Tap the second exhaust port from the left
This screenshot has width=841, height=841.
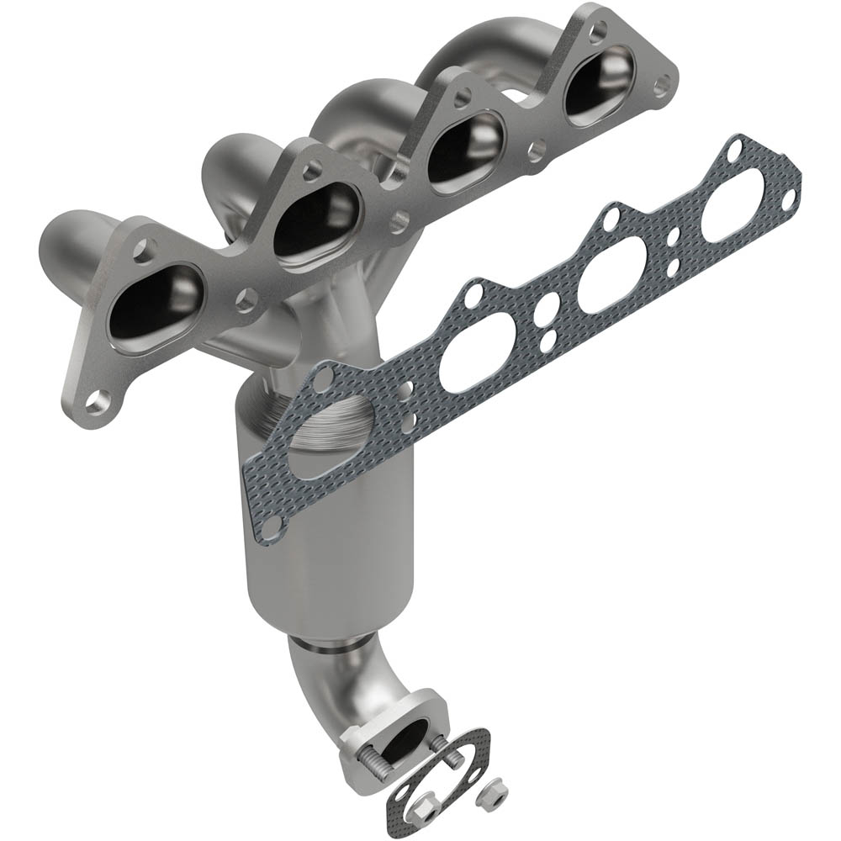(315, 220)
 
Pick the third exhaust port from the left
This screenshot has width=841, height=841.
(465, 149)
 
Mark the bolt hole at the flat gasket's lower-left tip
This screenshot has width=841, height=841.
(270, 527)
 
